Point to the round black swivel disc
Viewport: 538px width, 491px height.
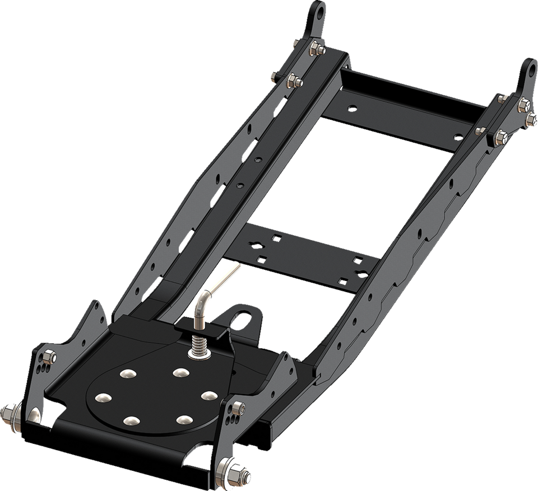(151, 403)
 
